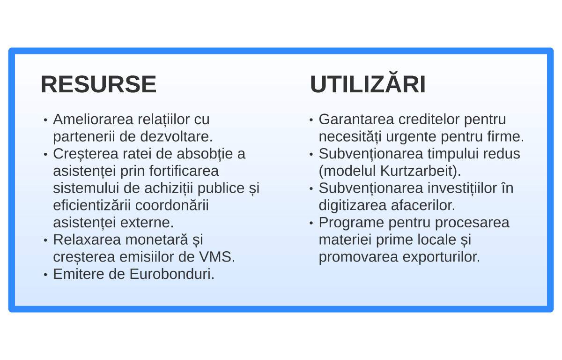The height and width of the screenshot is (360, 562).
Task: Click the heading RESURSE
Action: pos(99,84)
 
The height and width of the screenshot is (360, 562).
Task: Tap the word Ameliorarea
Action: pos(93,119)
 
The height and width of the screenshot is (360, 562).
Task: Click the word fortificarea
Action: pos(184,171)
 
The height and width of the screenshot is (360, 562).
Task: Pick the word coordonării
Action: pos(172,205)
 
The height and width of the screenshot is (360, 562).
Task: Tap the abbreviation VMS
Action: pos(217,257)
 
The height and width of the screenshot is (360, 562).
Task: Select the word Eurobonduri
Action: pos(172,274)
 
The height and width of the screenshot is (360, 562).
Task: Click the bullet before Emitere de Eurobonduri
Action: pos(45,275)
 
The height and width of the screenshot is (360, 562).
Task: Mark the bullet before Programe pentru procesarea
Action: pos(311,223)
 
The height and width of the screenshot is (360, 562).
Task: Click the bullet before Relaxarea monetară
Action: pos(45,240)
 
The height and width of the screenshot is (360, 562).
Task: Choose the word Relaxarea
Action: pos(87,240)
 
